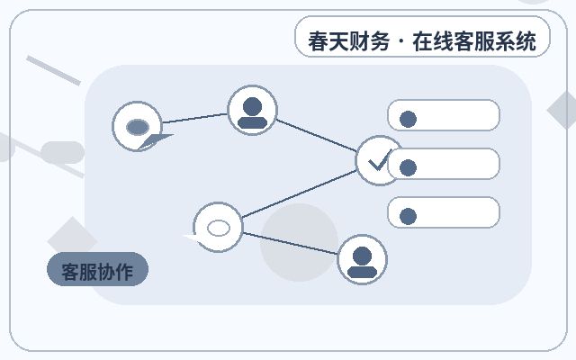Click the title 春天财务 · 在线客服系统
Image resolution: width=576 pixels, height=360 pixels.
(x=422, y=40)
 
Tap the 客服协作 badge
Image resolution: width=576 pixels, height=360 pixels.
(x=98, y=269)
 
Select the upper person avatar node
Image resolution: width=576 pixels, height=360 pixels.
(x=252, y=110)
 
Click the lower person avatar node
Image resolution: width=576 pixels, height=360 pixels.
(x=362, y=259)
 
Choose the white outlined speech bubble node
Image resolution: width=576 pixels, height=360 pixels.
(x=218, y=228)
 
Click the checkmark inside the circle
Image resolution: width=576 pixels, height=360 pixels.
(x=379, y=160)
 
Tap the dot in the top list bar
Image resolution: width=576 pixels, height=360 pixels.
(x=408, y=119)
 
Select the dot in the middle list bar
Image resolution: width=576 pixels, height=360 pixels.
(x=408, y=168)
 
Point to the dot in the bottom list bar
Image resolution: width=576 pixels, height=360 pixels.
(x=408, y=216)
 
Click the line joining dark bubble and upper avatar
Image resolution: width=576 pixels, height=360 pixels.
(x=194, y=118)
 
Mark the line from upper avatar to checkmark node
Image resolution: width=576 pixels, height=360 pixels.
(x=316, y=135)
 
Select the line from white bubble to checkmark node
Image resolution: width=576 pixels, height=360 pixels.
(x=299, y=194)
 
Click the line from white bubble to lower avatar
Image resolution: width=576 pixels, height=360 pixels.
(x=290, y=243)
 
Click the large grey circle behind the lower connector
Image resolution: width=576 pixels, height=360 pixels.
(x=299, y=243)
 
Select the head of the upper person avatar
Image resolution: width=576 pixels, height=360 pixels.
(x=252, y=106)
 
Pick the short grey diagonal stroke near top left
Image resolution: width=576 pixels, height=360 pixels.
(x=54, y=70)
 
